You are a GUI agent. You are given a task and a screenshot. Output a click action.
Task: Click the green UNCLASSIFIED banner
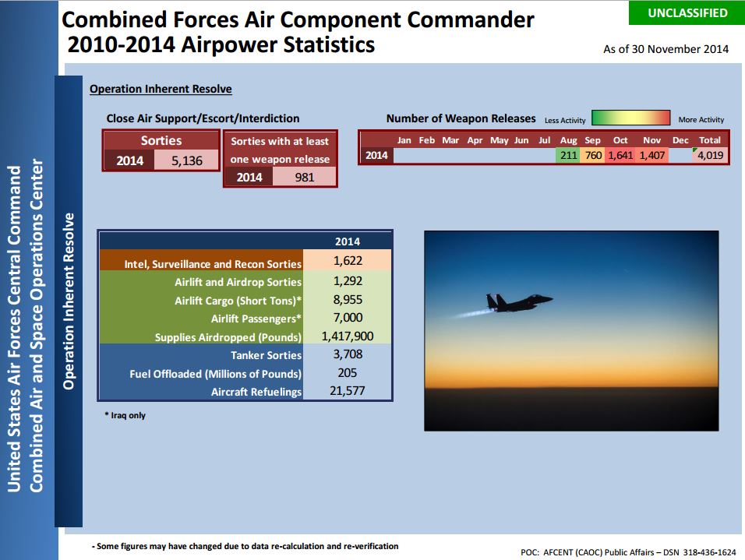(x=687, y=12)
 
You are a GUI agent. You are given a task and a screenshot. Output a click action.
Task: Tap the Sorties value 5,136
(x=187, y=160)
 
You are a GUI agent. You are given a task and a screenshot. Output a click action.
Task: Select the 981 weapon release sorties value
(x=305, y=177)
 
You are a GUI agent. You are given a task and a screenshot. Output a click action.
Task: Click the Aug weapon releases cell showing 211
(x=568, y=155)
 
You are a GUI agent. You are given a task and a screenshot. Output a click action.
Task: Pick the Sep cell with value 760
(x=592, y=155)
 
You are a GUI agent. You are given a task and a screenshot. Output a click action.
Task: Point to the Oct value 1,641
(x=620, y=155)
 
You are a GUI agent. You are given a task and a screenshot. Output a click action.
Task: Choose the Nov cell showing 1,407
(x=651, y=155)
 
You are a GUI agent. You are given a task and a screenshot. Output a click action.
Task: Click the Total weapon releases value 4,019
(x=710, y=155)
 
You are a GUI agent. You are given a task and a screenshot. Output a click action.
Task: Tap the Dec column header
(x=680, y=140)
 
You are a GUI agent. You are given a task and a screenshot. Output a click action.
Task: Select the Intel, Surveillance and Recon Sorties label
(x=213, y=263)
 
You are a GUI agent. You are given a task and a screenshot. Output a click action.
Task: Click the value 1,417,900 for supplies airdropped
(x=348, y=336)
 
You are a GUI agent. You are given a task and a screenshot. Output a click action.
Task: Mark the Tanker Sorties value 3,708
(x=348, y=354)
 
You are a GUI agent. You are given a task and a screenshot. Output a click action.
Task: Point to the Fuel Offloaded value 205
(x=348, y=373)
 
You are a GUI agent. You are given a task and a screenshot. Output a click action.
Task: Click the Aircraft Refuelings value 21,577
(x=348, y=391)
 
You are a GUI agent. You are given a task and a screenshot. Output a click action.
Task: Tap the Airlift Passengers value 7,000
(x=348, y=318)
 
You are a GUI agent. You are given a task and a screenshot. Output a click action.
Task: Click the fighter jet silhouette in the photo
(x=519, y=303)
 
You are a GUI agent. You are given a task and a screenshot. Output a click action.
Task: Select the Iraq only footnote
(x=125, y=415)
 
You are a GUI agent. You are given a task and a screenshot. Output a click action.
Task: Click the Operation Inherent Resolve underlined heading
(x=161, y=89)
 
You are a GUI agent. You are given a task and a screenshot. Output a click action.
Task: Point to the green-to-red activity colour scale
(x=631, y=118)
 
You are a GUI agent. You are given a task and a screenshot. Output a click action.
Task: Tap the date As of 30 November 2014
(x=666, y=49)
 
